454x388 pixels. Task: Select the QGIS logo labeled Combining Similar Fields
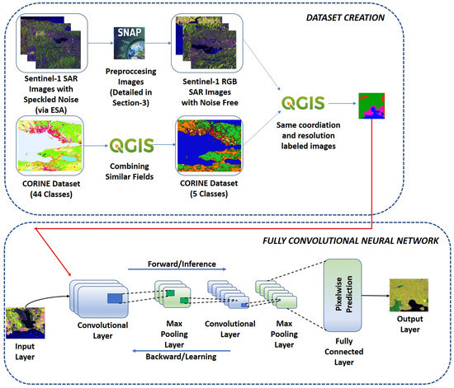tap(131, 151)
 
